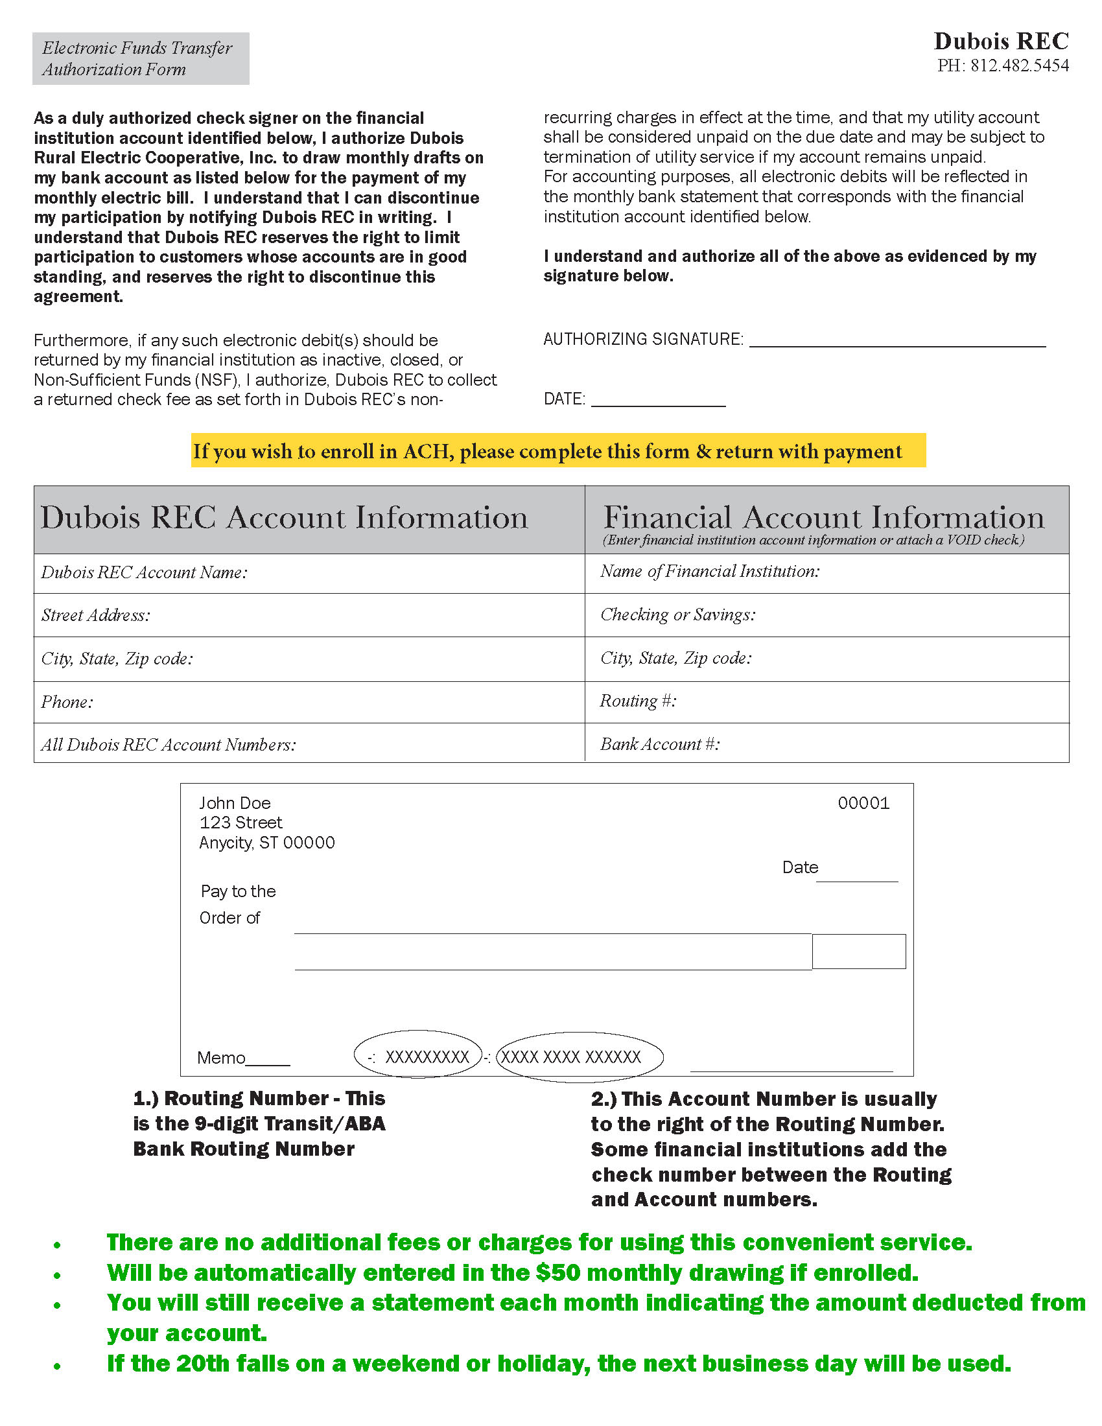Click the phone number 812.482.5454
(x=1019, y=65)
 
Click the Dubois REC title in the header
(x=1001, y=41)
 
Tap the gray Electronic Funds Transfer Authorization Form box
(x=141, y=59)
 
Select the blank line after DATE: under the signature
(x=658, y=399)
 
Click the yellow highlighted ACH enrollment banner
(x=558, y=451)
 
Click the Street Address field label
(x=96, y=615)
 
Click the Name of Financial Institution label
(x=710, y=571)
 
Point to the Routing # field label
(x=638, y=701)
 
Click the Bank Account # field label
(x=659, y=744)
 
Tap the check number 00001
(x=863, y=803)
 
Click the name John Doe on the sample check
(x=235, y=803)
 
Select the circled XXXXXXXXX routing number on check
(x=427, y=1057)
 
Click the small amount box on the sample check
(x=858, y=952)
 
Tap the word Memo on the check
(x=221, y=1058)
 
